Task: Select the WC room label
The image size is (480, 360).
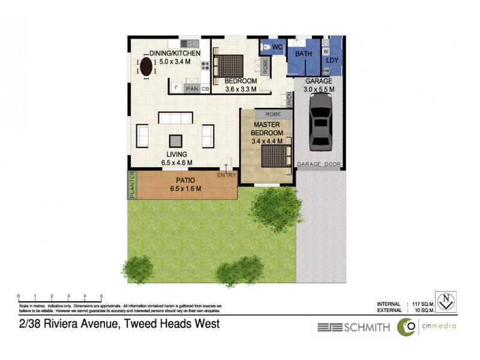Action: (x=277, y=47)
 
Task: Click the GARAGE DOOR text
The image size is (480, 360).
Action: (x=320, y=164)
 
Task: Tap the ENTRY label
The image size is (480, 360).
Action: (x=227, y=175)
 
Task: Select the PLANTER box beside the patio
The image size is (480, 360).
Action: (x=132, y=185)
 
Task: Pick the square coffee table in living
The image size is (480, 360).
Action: (x=175, y=140)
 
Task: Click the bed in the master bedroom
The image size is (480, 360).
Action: (x=274, y=155)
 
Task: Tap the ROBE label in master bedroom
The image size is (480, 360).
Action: (x=273, y=113)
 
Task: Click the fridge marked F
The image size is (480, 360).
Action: (x=176, y=88)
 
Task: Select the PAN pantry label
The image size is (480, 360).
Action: (x=192, y=89)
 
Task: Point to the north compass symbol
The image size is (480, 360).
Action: (x=445, y=300)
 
